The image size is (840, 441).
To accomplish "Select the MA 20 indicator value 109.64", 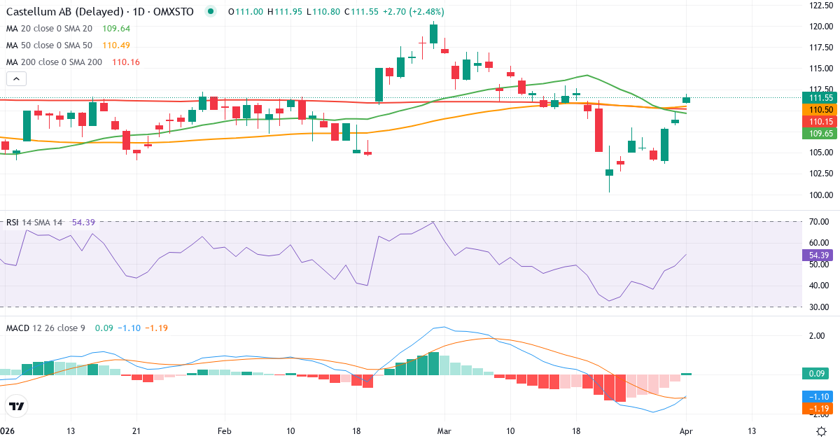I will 116,29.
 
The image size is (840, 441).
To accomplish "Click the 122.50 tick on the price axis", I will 820,6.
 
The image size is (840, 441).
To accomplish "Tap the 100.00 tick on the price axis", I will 820,195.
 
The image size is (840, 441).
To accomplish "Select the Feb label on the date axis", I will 224,430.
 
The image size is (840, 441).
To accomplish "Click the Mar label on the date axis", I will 444,430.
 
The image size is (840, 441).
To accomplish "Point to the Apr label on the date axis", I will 687,430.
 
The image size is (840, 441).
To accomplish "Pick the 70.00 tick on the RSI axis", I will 819,222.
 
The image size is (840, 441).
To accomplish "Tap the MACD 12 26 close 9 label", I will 45,328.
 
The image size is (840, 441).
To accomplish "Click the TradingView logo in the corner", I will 17,406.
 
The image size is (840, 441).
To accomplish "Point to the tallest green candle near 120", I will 434,34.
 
